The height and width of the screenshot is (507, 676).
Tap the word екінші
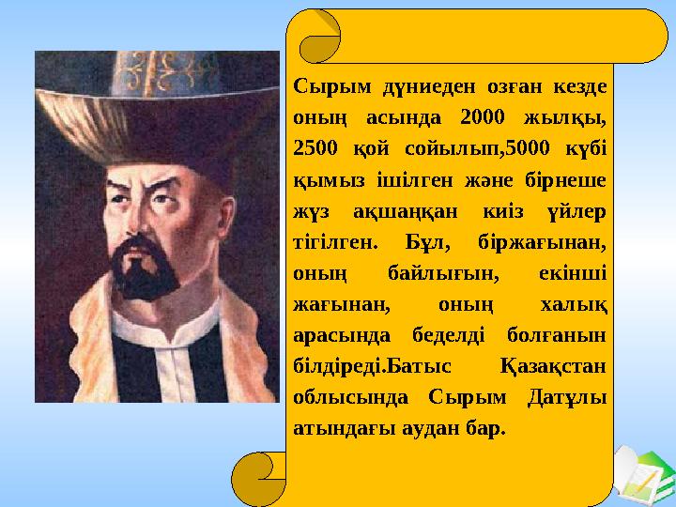(x=572, y=272)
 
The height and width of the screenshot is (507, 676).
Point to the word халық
(x=575, y=303)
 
